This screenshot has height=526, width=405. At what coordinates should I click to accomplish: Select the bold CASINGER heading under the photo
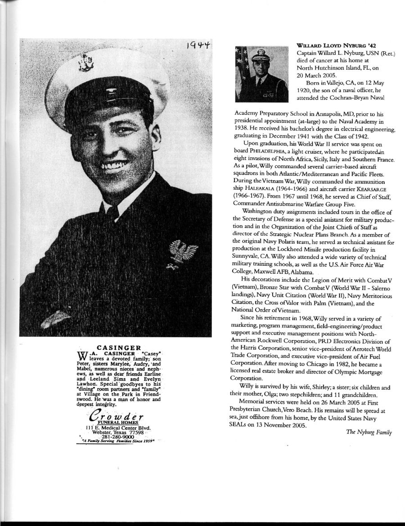coord(119,347)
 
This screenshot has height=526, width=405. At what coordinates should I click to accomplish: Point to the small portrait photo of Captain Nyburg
coord(262,74)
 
